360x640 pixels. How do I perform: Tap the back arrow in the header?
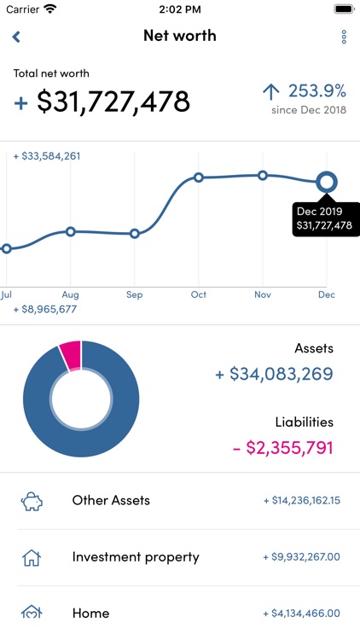(x=16, y=37)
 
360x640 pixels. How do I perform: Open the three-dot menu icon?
(x=344, y=37)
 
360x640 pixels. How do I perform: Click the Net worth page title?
(x=180, y=36)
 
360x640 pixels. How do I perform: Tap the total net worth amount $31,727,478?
(x=113, y=102)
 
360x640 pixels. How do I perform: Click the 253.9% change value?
(x=316, y=91)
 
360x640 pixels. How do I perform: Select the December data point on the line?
(x=326, y=181)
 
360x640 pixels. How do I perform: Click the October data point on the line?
(x=198, y=177)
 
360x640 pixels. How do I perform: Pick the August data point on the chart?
(x=71, y=231)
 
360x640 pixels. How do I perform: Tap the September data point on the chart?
(x=134, y=234)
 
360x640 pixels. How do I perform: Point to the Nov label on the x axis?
(x=263, y=294)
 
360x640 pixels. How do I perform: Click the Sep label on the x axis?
(x=134, y=294)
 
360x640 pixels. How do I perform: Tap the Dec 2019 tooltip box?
(x=323, y=218)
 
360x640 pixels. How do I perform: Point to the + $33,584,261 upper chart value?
(x=47, y=156)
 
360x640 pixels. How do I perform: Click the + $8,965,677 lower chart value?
(x=45, y=309)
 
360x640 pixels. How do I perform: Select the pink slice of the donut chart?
(x=70, y=352)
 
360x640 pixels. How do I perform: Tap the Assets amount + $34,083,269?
(x=274, y=374)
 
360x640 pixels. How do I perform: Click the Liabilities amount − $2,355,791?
(x=282, y=447)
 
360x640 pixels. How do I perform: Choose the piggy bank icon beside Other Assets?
(x=32, y=501)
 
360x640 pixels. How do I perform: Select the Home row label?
(x=90, y=613)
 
